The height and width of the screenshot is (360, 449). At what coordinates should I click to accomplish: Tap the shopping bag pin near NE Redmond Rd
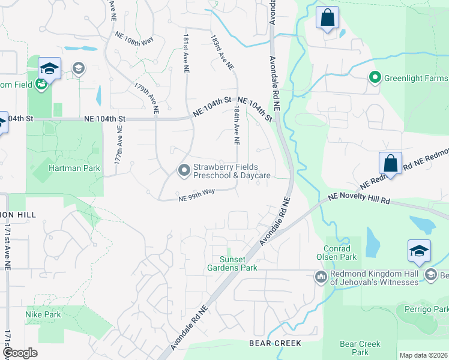pyautogui.click(x=390, y=164)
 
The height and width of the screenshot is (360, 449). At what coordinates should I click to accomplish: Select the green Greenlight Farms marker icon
pyautogui.click(x=375, y=78)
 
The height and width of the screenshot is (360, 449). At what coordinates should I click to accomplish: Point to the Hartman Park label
pyautogui.click(x=74, y=169)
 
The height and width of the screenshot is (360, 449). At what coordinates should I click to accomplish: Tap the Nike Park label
pyautogui.click(x=43, y=314)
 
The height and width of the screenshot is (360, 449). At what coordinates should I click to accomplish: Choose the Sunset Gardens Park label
pyautogui.click(x=232, y=263)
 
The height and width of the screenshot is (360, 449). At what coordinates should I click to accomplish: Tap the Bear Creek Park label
pyautogui.click(x=360, y=348)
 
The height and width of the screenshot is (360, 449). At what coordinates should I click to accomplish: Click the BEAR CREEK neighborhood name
pyautogui.click(x=275, y=343)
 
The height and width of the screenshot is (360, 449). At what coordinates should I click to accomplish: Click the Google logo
pyautogui.click(x=20, y=353)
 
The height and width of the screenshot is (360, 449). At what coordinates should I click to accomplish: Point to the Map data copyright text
pyautogui.click(x=423, y=355)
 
